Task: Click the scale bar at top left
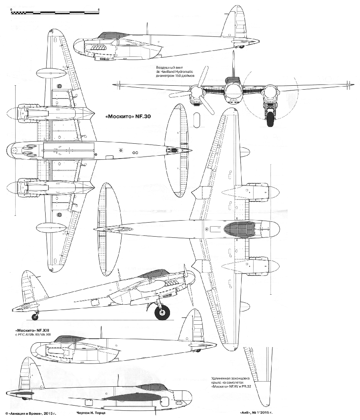[54, 13]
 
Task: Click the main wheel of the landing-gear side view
[162, 312]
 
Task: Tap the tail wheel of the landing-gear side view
[35, 317]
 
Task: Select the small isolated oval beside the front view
[196, 120]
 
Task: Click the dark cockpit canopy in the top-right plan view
[239, 229]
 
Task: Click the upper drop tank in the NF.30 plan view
[51, 73]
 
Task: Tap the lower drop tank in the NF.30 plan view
[51, 228]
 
